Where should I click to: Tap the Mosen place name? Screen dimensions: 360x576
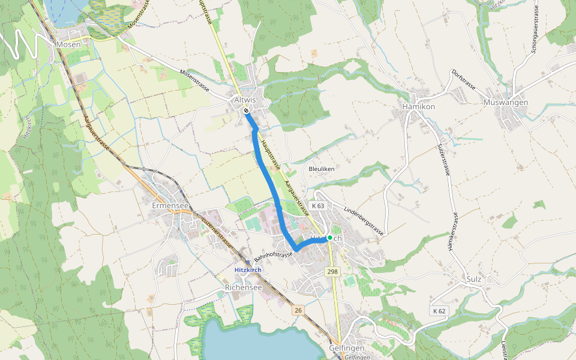coord(68,44)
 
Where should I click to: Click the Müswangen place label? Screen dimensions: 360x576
coord(505,103)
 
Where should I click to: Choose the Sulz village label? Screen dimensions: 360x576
coord(474,280)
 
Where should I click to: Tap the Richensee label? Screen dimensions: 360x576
coord(243,288)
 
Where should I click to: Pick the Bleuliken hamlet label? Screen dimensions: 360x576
coord(321,169)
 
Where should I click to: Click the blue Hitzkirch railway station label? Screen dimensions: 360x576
coord(248,270)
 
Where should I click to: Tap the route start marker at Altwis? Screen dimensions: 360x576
coord(247,110)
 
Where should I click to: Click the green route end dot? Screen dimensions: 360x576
coord(329,238)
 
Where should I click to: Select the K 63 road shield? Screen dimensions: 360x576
coord(319,206)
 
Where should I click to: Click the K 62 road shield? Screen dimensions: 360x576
coord(439,311)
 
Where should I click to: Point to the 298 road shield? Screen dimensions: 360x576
coord(333,272)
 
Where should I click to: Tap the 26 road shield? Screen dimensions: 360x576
coord(298,310)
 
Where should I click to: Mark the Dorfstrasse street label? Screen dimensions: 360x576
coord(463,79)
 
